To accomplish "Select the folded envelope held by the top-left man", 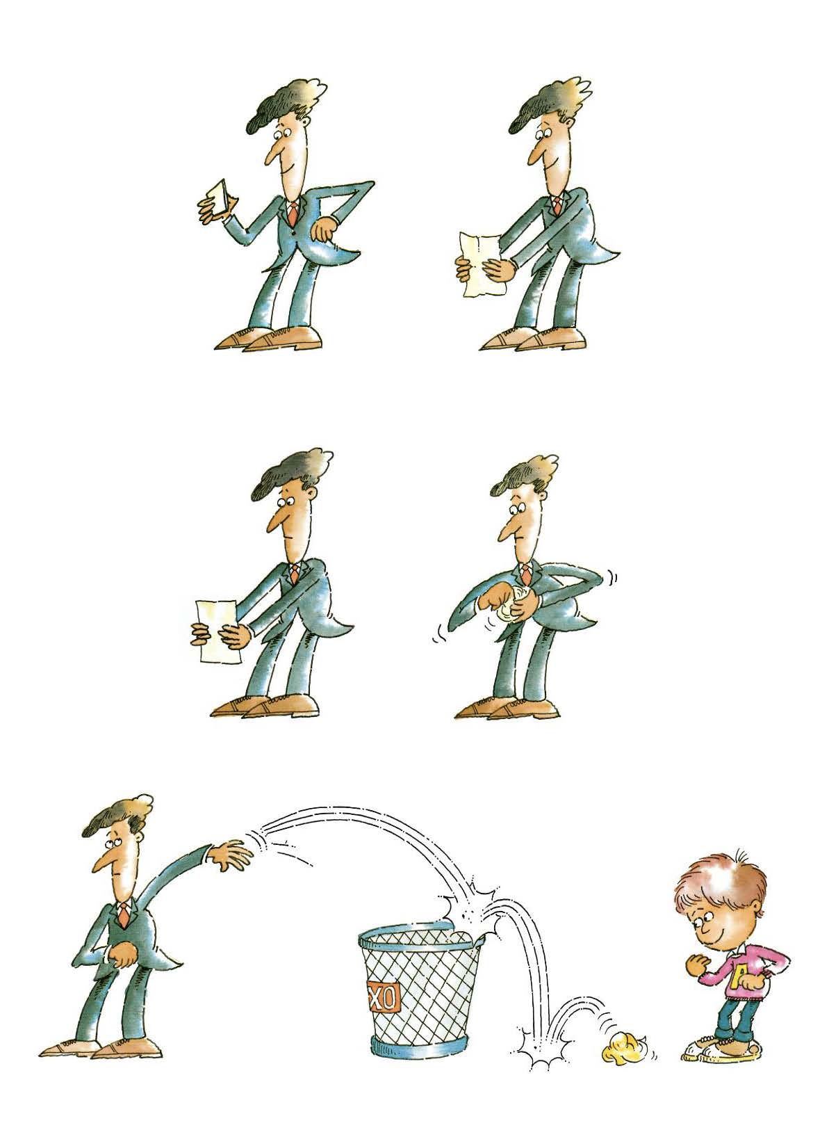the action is point(219,199).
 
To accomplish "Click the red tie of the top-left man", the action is point(293,213).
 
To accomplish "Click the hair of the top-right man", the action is point(548,105).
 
